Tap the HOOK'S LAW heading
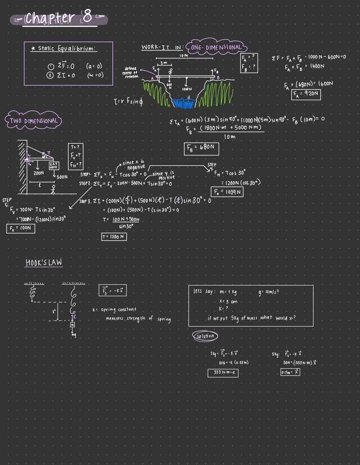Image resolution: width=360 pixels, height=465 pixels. [x=44, y=263]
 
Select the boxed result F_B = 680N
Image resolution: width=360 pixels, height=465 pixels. [x=201, y=148]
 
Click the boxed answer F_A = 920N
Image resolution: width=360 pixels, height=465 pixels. [x=306, y=94]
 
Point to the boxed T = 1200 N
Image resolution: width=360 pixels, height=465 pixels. [x=114, y=237]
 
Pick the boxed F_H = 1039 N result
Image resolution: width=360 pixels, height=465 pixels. [x=227, y=192]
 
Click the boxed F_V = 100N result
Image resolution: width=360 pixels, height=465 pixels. [x=21, y=228]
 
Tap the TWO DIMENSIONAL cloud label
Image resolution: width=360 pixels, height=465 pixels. [x=33, y=121]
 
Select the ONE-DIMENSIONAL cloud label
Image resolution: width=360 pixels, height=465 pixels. [x=216, y=47]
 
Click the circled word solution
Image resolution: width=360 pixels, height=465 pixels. [x=205, y=336]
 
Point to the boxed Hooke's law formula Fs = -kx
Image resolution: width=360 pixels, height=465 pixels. [x=113, y=290]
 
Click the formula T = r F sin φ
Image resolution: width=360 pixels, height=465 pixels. [x=128, y=101]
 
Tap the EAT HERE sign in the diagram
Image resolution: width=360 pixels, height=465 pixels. [x=53, y=165]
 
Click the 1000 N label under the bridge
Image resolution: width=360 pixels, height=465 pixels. [x=187, y=89]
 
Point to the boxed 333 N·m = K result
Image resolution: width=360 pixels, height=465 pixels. [x=223, y=372]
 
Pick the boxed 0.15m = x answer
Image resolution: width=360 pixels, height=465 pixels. [x=290, y=372]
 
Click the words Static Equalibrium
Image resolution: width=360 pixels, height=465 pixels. [x=67, y=49]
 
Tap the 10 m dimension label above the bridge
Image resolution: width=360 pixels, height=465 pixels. [x=184, y=55]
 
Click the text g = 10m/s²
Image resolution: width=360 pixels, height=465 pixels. [x=269, y=292]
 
